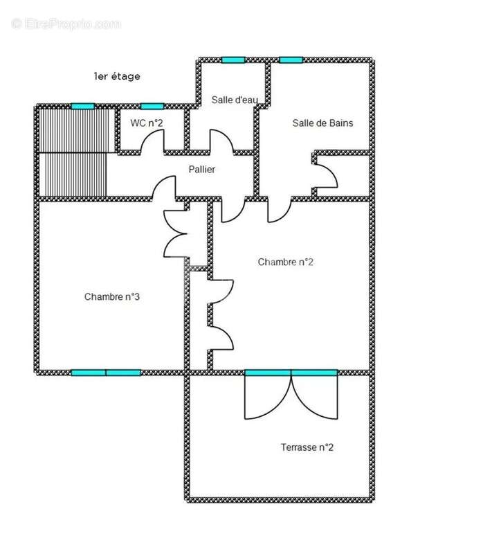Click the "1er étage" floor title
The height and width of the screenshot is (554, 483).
coord(117,76)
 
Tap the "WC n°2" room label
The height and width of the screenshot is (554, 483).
coord(147,123)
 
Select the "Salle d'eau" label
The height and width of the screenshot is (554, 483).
coord(235,100)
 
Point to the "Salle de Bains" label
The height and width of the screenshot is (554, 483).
coord(322,123)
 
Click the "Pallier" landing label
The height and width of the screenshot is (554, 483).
coord(202,170)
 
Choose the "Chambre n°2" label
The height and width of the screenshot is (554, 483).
coord(285,262)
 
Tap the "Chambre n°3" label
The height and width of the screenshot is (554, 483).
coord(112,296)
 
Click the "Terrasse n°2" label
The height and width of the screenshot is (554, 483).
coord(307,447)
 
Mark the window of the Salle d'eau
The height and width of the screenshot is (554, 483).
coord(233,60)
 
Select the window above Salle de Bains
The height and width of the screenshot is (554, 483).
coord(291,60)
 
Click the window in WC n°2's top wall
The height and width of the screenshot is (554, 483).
coord(152,107)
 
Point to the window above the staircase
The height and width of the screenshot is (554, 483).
coord(83,107)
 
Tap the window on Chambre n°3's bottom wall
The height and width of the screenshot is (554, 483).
coord(106,373)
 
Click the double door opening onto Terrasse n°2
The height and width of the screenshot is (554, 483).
coord(291,395)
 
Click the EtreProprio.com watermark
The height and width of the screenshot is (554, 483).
coord(66,24)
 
